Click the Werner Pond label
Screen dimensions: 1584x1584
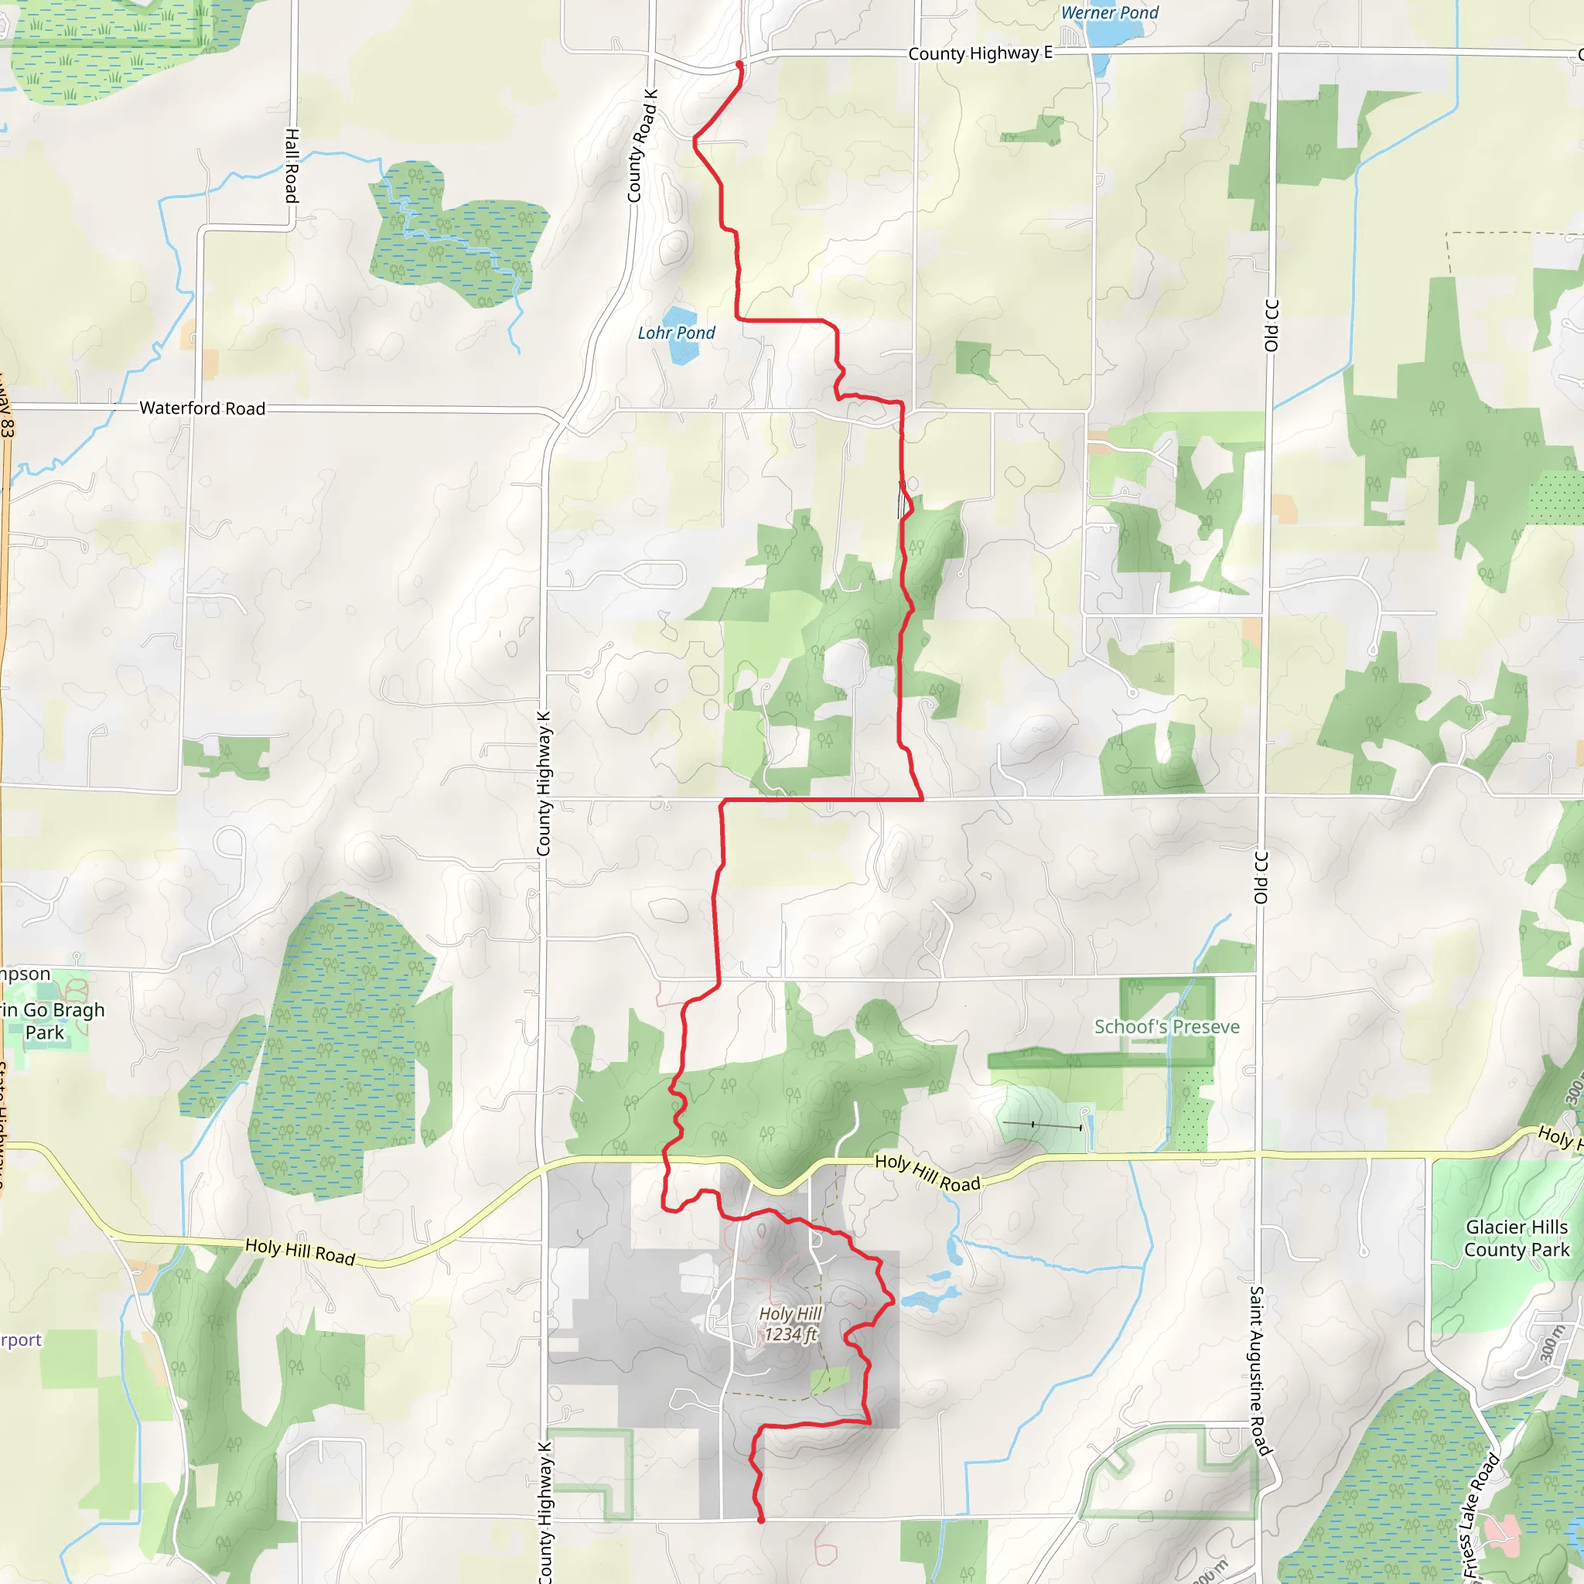[1109, 13]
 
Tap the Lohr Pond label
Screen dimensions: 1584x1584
[677, 333]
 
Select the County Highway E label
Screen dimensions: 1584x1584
[980, 54]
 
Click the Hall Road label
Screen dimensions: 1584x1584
[292, 165]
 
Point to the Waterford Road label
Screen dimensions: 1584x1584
[203, 408]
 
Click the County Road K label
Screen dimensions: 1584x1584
[642, 146]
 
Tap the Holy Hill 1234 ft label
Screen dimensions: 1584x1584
[790, 1323]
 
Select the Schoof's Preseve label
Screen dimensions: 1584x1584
[1166, 1027]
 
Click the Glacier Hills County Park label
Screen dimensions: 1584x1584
[1517, 1238]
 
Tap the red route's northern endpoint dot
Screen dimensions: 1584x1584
[739, 64]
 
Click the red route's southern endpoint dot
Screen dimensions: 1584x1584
[761, 1520]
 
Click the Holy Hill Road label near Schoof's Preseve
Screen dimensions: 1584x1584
[927, 1173]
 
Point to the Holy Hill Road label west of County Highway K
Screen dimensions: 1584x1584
[300, 1252]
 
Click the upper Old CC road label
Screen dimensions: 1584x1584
[1272, 326]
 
